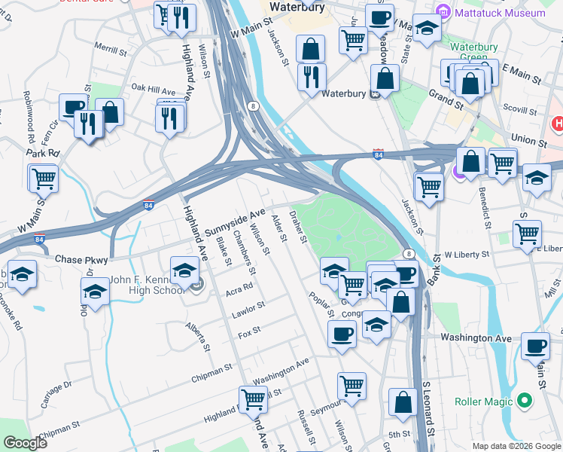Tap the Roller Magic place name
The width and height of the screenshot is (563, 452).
click(484, 402)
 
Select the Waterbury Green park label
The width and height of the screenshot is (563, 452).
click(474, 53)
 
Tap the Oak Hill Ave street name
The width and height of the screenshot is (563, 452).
click(154, 89)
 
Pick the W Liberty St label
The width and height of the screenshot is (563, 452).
click(467, 255)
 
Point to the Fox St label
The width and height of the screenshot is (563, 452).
click(249, 330)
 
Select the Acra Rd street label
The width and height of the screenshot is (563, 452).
click(239, 289)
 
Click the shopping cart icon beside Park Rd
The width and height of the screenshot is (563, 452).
click(44, 179)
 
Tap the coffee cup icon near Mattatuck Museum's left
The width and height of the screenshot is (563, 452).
click(379, 16)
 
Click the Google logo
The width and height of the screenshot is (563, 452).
click(26, 444)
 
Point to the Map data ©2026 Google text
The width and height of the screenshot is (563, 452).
click(516, 446)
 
